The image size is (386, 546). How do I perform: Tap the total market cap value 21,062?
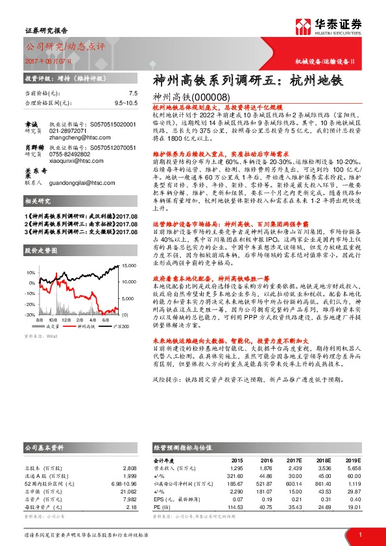pos(127,492)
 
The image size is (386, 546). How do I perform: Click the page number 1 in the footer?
pos(360,535)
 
